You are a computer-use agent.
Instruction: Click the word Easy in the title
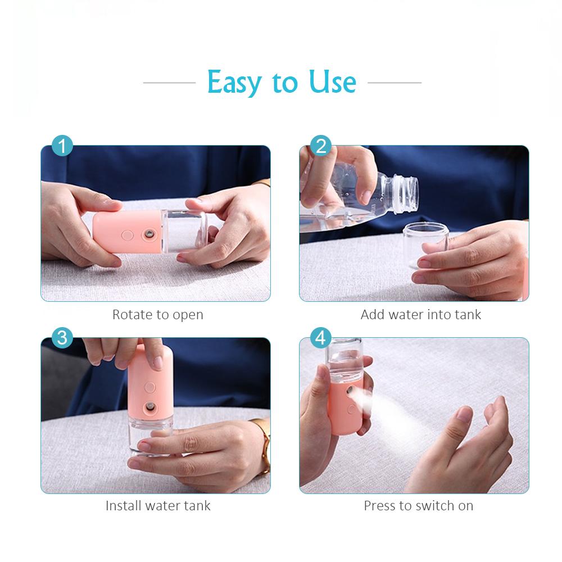click(x=234, y=82)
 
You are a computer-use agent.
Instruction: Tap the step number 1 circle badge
click(x=62, y=146)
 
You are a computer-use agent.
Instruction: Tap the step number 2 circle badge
click(x=321, y=146)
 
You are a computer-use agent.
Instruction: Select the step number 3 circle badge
click(x=62, y=338)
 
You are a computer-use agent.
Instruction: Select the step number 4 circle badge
click(x=321, y=338)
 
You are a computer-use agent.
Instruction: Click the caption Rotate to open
click(x=157, y=314)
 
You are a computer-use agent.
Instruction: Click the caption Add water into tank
click(x=420, y=314)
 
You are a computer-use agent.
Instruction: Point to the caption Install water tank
click(x=158, y=505)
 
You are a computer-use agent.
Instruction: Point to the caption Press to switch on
click(x=418, y=505)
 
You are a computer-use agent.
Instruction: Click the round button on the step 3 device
click(x=151, y=387)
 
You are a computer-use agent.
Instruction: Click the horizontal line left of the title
click(x=169, y=83)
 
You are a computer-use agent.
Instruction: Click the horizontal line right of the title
click(x=394, y=83)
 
